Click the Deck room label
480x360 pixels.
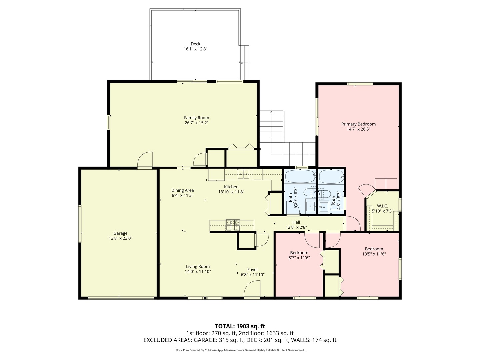(195, 44)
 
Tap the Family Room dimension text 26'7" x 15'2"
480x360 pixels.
(196, 123)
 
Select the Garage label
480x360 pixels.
(120, 233)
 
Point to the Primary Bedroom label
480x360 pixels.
(358, 124)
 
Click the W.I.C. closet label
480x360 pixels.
(382, 206)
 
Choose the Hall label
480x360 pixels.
(296, 222)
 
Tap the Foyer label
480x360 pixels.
(252, 270)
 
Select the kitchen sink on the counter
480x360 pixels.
(244, 173)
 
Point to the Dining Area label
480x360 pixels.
(182, 190)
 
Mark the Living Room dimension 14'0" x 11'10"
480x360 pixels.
(198, 272)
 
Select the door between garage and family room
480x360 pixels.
(145, 160)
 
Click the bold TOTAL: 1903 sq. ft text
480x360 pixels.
(240, 326)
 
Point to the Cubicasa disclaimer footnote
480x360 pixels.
(240, 350)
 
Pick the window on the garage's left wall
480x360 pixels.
(80, 223)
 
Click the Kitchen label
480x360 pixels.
(231, 187)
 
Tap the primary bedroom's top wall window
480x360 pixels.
(360, 84)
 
